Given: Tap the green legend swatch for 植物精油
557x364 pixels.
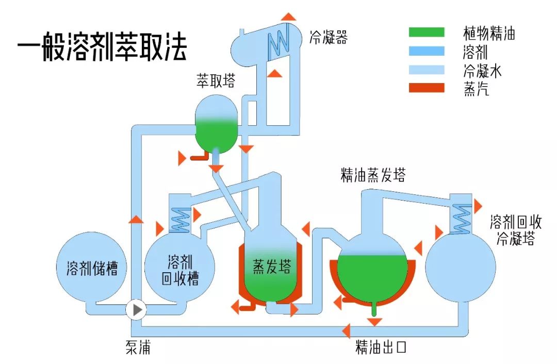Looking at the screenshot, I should tap(426, 32).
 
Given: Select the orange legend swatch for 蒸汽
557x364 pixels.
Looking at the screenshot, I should tap(426, 88).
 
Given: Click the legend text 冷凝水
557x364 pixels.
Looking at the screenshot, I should tap(482, 71).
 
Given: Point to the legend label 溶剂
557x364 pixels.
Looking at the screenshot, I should tap(476, 52).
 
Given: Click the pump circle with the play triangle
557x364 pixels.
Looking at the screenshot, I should tap(137, 309).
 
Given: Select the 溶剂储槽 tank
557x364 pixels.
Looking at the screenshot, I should tap(92, 269).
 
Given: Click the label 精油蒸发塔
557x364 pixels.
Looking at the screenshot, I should tap(373, 175).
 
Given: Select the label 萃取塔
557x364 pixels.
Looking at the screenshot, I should tap(215, 81).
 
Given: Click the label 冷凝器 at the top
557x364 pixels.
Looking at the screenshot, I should tap(328, 37).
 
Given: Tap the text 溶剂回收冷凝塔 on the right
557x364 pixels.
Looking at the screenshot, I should tap(515, 230).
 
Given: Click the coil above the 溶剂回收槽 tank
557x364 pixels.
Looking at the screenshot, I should tap(180, 220).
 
